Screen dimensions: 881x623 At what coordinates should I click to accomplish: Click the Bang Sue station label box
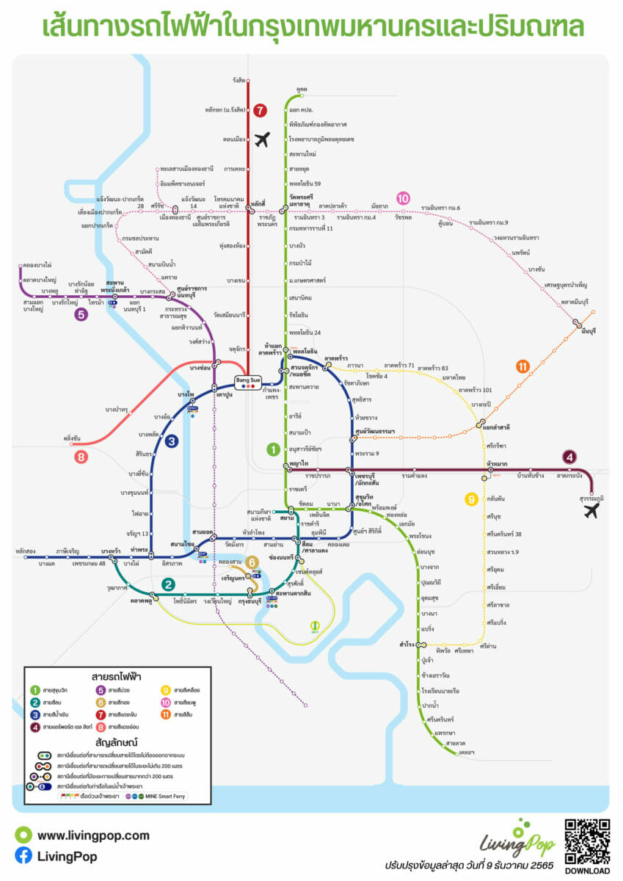click(247, 380)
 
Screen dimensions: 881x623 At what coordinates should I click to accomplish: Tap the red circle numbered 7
click(261, 112)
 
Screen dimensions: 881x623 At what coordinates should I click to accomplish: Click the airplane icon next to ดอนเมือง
click(262, 139)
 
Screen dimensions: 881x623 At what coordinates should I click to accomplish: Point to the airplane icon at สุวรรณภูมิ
click(591, 510)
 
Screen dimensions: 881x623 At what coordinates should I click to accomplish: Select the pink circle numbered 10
click(403, 197)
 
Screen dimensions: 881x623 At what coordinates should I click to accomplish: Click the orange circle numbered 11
click(522, 366)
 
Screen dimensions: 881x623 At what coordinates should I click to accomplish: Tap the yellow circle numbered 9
click(471, 500)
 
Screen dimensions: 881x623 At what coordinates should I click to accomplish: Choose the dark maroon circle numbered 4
click(569, 457)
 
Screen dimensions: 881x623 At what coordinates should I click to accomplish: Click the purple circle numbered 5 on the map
click(81, 315)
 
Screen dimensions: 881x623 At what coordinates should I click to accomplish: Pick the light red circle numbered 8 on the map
click(81, 457)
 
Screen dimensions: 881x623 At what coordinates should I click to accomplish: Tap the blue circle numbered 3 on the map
click(171, 441)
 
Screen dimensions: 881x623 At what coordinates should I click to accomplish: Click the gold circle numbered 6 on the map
click(252, 562)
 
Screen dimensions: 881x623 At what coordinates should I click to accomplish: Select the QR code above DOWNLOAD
click(586, 842)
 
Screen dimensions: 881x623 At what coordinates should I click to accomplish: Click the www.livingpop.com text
click(92, 835)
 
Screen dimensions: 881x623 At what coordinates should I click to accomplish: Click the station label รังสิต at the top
click(237, 80)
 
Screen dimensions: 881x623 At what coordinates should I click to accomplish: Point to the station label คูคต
click(301, 88)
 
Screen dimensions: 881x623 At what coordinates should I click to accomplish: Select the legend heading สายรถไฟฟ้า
click(118, 676)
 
